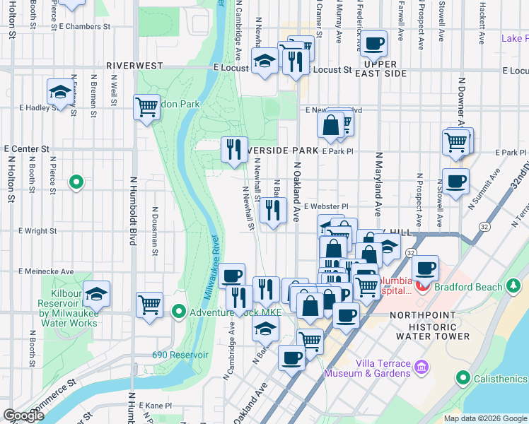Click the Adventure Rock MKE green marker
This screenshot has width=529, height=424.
click(178, 311)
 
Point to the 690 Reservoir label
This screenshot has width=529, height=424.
click(180, 355)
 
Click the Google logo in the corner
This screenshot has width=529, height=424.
click(23, 416)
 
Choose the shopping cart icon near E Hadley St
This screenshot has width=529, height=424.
click(146, 107)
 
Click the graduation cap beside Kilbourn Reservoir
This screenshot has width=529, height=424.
click(97, 293)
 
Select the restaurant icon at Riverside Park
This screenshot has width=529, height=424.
click(234, 149)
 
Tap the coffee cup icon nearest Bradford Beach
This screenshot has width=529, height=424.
click(425, 269)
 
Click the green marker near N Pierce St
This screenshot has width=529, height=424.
click(76, 183)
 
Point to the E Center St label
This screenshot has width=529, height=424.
click(26, 150)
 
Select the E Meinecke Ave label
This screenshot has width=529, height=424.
click(46, 271)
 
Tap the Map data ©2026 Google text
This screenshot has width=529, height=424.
click(485, 418)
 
